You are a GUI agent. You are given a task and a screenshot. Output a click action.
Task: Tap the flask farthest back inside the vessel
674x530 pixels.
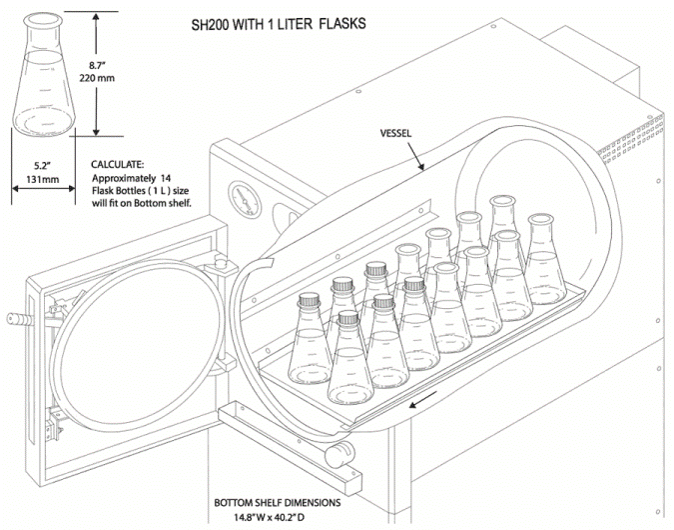[501, 220]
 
